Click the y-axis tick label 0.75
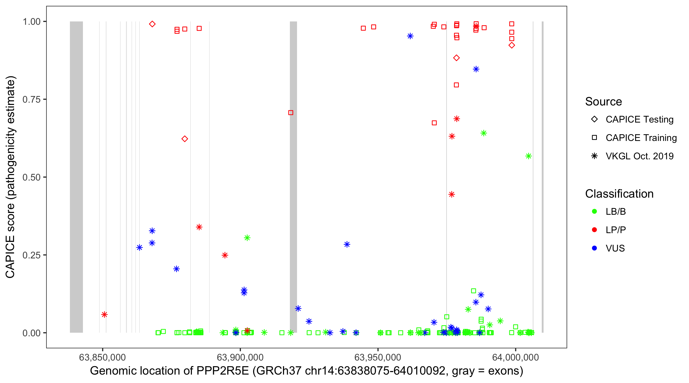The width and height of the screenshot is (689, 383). (31, 100)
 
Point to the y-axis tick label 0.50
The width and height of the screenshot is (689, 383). (31, 177)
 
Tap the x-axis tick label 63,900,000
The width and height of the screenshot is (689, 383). (240, 357)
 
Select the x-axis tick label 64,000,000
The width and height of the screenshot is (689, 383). (515, 357)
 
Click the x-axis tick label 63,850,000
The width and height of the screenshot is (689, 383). (102, 357)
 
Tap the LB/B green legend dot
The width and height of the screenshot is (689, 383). (594, 211)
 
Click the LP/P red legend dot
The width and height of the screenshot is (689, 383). (594, 230)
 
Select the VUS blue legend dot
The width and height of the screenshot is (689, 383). (594, 248)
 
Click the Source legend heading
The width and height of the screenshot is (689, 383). (604, 102)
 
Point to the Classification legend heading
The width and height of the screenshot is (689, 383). (619, 194)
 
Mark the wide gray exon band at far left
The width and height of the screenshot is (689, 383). (76, 177)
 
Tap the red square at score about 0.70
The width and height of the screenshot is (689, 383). (291, 113)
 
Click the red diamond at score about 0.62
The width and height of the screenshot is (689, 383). (184, 139)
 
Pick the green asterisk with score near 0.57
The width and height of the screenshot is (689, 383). (528, 156)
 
